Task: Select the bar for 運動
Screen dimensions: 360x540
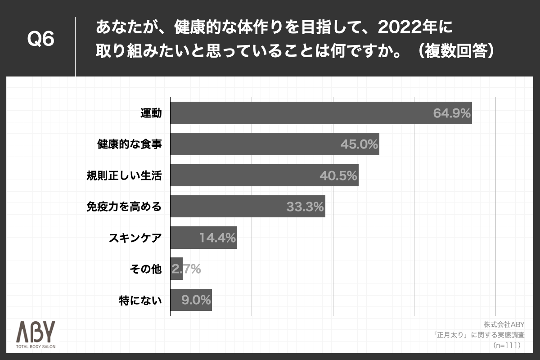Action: click(x=321, y=112)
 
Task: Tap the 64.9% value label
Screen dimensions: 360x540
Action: click(x=452, y=113)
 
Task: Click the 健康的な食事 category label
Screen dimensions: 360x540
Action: click(x=129, y=144)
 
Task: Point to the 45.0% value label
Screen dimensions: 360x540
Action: click(x=359, y=144)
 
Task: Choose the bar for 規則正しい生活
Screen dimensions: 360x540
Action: click(x=264, y=175)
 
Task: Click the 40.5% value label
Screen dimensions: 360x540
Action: click(x=338, y=176)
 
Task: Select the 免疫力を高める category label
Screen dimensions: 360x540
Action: click(x=124, y=207)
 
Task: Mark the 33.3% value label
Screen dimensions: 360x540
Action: click(x=305, y=207)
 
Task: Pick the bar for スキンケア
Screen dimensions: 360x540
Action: click(x=203, y=238)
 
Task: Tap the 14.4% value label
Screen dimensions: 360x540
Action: click(x=218, y=238)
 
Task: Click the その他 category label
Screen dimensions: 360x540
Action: click(x=145, y=269)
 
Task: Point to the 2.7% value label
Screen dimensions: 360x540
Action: click(x=186, y=270)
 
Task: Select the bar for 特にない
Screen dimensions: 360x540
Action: click(x=191, y=300)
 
